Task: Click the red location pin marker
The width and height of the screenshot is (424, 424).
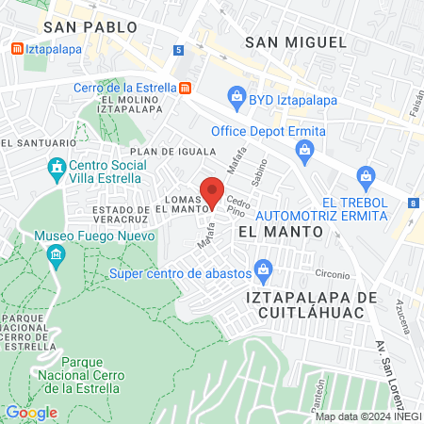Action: coord(213,192)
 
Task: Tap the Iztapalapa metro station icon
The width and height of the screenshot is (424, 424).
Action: coord(15,49)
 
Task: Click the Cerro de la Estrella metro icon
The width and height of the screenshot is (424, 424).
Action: coord(187,88)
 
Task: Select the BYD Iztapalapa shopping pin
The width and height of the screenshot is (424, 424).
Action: coord(235,95)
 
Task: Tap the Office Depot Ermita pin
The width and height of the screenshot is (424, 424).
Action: coord(304,150)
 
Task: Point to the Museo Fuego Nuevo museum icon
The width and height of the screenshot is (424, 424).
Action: coord(56,253)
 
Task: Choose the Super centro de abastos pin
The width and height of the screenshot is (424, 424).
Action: coord(265,272)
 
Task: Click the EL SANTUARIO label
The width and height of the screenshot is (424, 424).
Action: coord(38,142)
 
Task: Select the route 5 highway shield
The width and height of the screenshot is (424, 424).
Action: coord(178,50)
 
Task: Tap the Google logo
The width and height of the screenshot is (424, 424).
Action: coord(31,412)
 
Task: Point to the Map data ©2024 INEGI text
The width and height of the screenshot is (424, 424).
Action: coord(367,416)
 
